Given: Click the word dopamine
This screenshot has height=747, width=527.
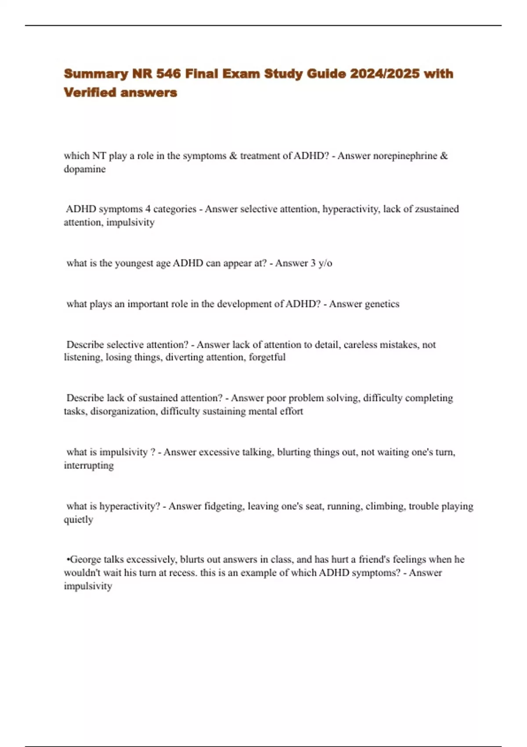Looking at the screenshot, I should [x=85, y=169].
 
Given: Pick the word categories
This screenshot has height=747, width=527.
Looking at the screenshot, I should [x=175, y=209].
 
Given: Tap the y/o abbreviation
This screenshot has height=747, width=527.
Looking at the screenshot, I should [x=325, y=263].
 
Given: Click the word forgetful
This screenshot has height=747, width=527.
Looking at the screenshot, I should [x=267, y=357].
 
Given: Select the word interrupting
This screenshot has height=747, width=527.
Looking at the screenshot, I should [x=89, y=465].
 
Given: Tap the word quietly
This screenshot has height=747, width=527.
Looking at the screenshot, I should [x=78, y=520].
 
